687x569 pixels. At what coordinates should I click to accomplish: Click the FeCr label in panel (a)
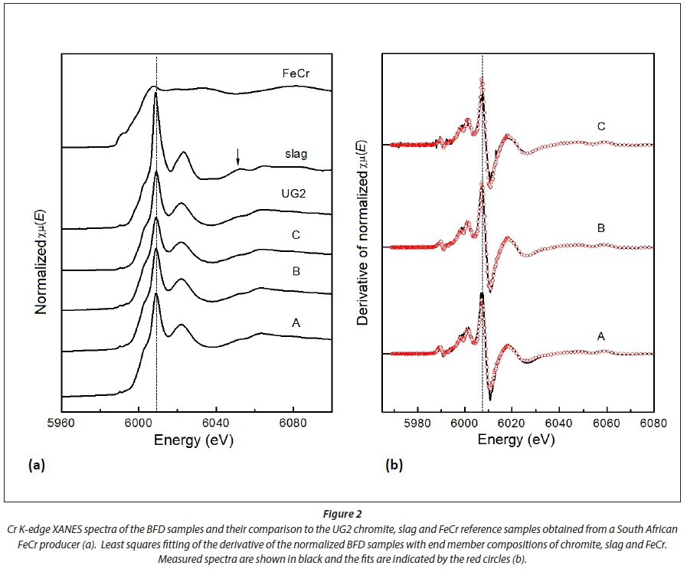coord(294,75)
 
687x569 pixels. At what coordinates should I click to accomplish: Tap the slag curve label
coord(295,154)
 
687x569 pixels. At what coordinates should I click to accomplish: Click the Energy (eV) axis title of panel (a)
coord(194,440)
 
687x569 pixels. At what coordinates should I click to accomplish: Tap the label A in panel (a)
coord(295,324)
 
